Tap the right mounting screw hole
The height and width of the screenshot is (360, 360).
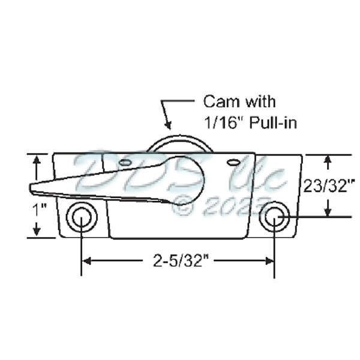tap(274, 218)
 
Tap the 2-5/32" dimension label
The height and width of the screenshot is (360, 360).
tap(178, 260)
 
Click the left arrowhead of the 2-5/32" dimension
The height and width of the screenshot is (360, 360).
tap(85, 260)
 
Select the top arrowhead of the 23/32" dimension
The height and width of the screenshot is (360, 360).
tap(328, 160)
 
